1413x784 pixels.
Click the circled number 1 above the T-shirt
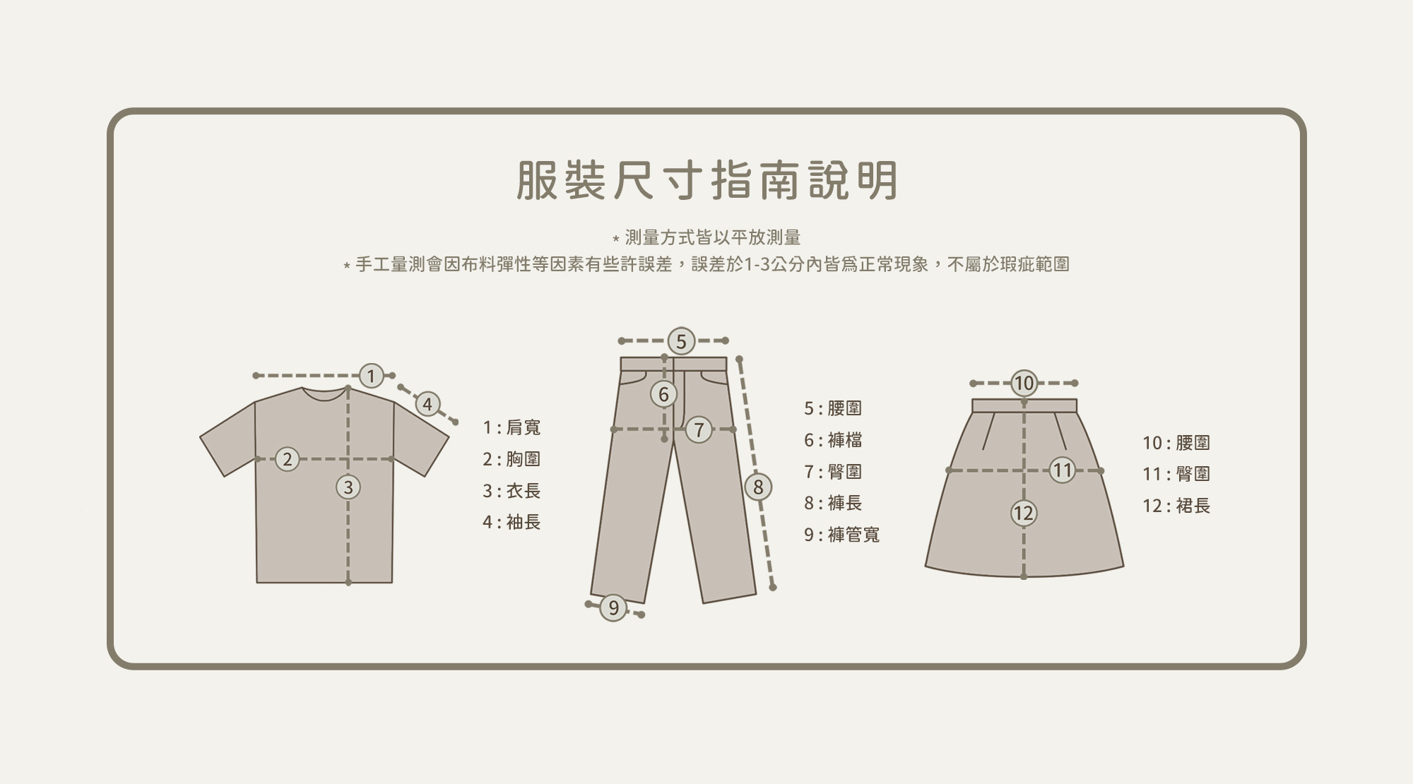point(371,376)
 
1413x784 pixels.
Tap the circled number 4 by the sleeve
point(427,405)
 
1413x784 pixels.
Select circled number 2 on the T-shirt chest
point(287,459)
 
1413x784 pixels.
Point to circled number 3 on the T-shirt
point(348,487)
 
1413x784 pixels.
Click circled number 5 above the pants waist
point(681,341)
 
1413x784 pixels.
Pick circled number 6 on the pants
point(663,394)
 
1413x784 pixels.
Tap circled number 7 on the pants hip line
point(699,429)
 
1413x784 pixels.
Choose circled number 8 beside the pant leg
point(758,487)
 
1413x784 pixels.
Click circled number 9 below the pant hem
point(613,607)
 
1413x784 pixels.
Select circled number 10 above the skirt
point(1024,384)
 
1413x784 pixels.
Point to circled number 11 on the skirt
point(1062,470)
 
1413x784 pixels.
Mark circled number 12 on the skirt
point(1023,513)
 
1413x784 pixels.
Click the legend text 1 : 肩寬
point(512,427)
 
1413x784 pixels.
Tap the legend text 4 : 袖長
point(512,522)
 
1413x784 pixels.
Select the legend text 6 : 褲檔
point(833,440)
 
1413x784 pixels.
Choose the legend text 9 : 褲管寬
point(841,535)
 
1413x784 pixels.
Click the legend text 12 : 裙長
point(1176,506)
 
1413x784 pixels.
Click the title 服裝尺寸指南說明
point(706,180)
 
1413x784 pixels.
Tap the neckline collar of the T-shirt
point(324,395)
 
